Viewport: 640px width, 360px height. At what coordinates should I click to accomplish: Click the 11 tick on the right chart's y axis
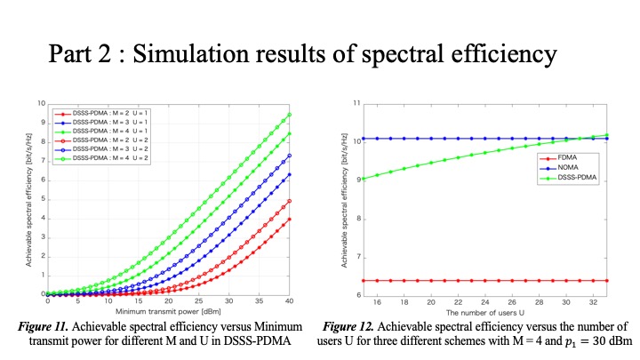(x=356, y=104)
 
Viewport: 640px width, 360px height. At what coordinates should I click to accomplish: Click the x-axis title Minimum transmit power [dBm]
(x=167, y=311)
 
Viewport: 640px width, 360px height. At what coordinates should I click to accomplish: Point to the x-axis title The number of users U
(x=476, y=311)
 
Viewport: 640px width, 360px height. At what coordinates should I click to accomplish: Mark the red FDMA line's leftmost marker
(x=362, y=280)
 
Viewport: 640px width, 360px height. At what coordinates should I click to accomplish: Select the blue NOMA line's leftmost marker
(x=362, y=138)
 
